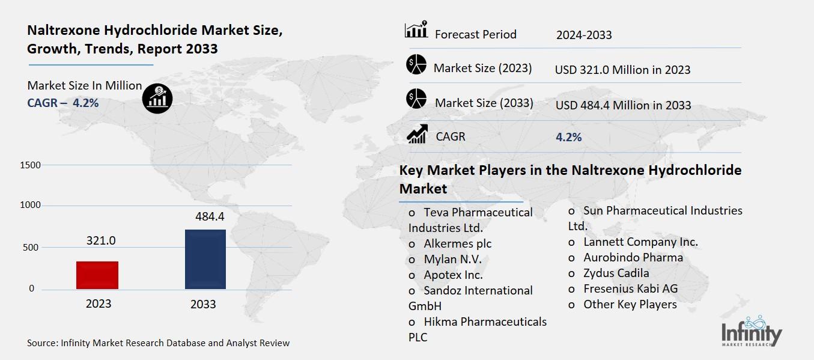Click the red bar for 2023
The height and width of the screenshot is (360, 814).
(x=97, y=275)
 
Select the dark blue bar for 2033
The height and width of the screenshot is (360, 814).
(x=205, y=259)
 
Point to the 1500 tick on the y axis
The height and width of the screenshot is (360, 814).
(x=30, y=165)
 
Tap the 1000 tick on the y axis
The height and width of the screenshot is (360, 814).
(x=30, y=206)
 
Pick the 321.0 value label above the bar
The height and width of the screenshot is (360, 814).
(x=100, y=240)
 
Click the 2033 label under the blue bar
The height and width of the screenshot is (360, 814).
(x=203, y=304)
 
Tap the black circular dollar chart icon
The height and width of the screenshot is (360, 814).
(x=157, y=97)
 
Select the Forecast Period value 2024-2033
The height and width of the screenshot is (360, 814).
(x=584, y=35)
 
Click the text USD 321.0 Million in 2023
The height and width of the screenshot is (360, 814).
(x=622, y=70)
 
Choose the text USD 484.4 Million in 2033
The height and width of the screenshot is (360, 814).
(x=623, y=105)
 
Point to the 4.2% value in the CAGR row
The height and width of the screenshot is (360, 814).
(x=568, y=137)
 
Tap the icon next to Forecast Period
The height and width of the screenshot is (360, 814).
(x=416, y=30)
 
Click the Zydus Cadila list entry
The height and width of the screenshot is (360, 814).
(x=616, y=273)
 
